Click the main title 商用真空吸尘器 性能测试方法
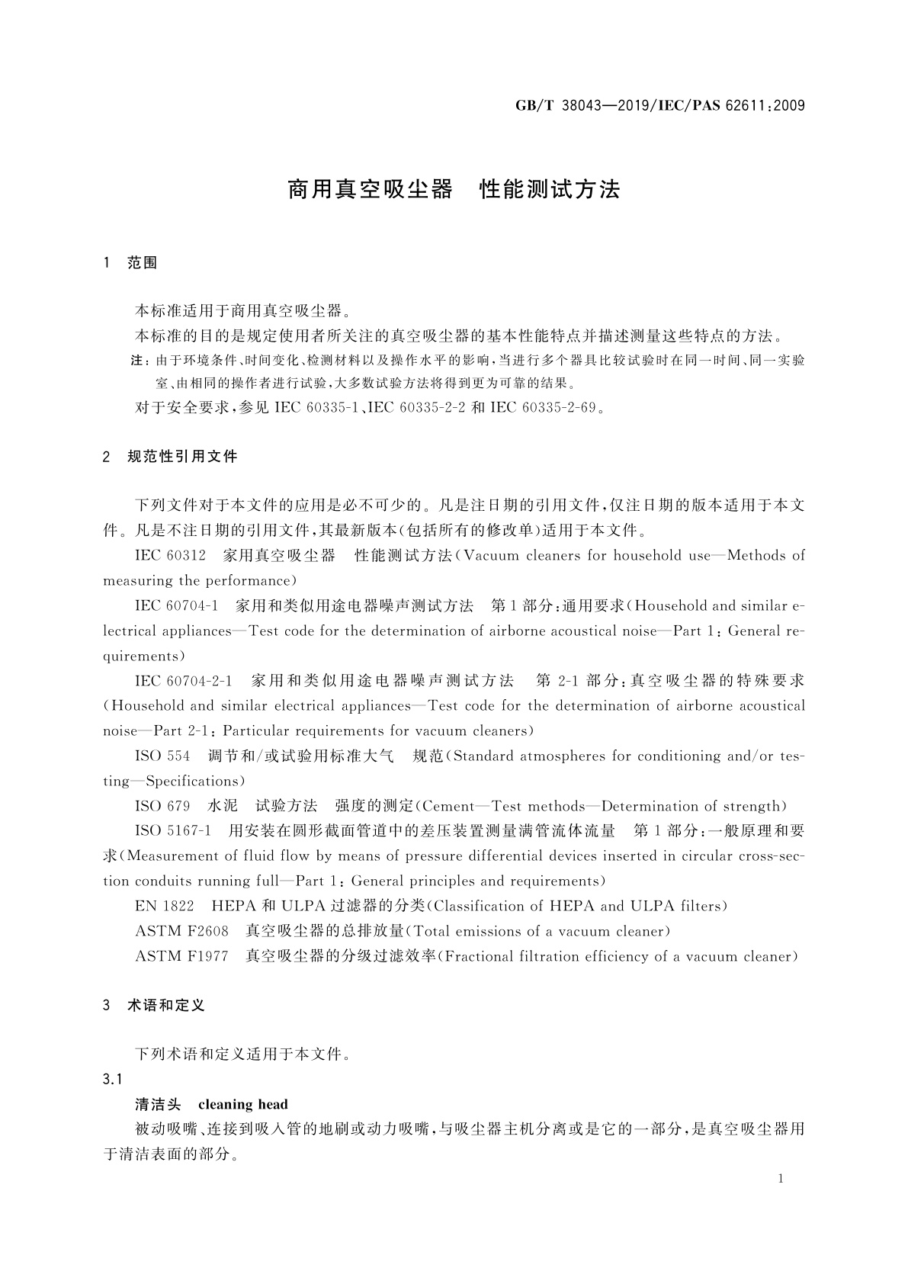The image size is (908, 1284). (454, 190)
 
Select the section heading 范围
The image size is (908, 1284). (142, 263)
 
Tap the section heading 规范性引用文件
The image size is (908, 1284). (182, 457)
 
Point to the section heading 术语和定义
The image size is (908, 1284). (166, 1006)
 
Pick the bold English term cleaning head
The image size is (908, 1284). (243, 1104)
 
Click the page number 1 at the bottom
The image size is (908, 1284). (781, 1179)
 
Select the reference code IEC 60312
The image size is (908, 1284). (170, 556)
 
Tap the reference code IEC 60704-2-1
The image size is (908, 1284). (184, 680)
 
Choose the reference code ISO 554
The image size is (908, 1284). (162, 756)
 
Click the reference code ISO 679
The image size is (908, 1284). (162, 806)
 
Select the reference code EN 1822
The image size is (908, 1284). (164, 906)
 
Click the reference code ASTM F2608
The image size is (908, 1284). (181, 931)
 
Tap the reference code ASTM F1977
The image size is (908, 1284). (181, 956)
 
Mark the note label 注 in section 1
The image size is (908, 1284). (136, 360)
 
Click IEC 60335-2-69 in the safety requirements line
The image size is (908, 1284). (543, 407)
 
